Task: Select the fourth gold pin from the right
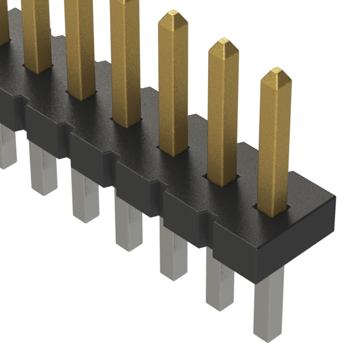tap(125, 62)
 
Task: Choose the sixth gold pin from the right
tap(37, 34)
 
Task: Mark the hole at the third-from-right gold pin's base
tap(173, 152)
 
